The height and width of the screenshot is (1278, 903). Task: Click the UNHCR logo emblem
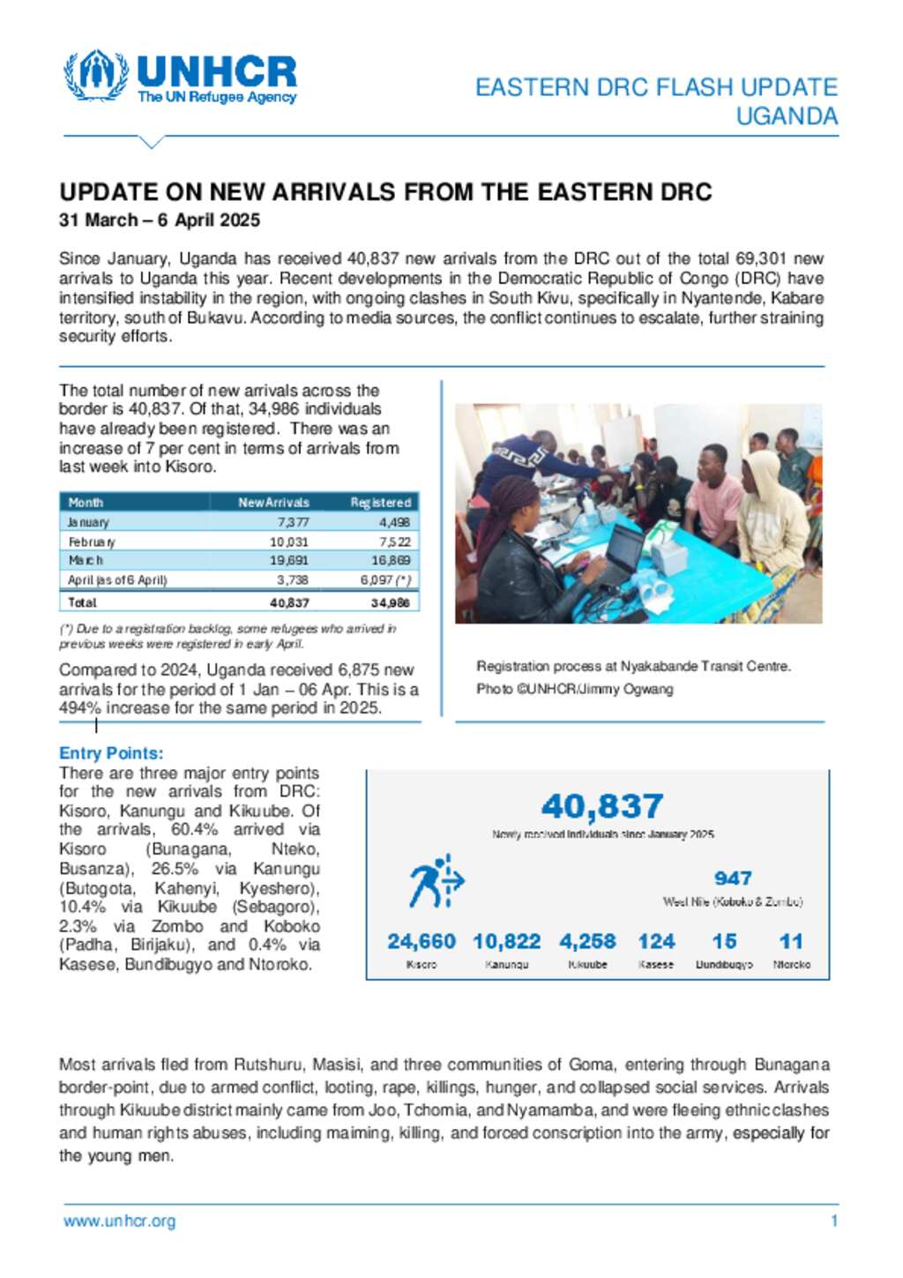pyautogui.click(x=95, y=76)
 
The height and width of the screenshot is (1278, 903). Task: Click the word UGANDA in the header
pyautogui.click(x=787, y=116)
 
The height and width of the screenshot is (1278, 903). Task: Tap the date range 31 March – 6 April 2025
pyautogui.click(x=160, y=220)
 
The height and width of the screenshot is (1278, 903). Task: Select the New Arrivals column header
pyautogui.click(x=273, y=503)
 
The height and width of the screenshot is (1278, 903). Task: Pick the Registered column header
pyautogui.click(x=380, y=503)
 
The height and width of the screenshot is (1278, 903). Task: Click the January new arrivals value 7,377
pyautogui.click(x=293, y=522)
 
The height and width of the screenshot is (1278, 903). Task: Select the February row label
pyautogui.click(x=92, y=542)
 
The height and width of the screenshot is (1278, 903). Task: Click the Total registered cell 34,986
pyautogui.click(x=390, y=602)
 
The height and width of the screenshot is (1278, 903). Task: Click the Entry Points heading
pyautogui.click(x=111, y=753)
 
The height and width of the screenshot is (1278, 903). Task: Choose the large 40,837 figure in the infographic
pyautogui.click(x=602, y=806)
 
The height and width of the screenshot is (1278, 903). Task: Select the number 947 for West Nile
pyautogui.click(x=733, y=878)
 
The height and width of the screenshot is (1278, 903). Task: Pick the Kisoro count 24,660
pyautogui.click(x=422, y=942)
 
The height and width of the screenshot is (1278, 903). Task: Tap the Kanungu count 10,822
pyautogui.click(x=507, y=942)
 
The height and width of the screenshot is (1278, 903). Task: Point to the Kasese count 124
pyautogui.click(x=656, y=942)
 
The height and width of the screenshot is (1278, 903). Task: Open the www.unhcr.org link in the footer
pyautogui.click(x=120, y=1222)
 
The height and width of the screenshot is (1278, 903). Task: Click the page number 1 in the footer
pyautogui.click(x=834, y=1222)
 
